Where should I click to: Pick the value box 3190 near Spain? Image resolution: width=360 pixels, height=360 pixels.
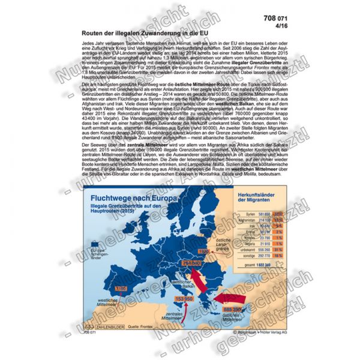click(104, 289)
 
